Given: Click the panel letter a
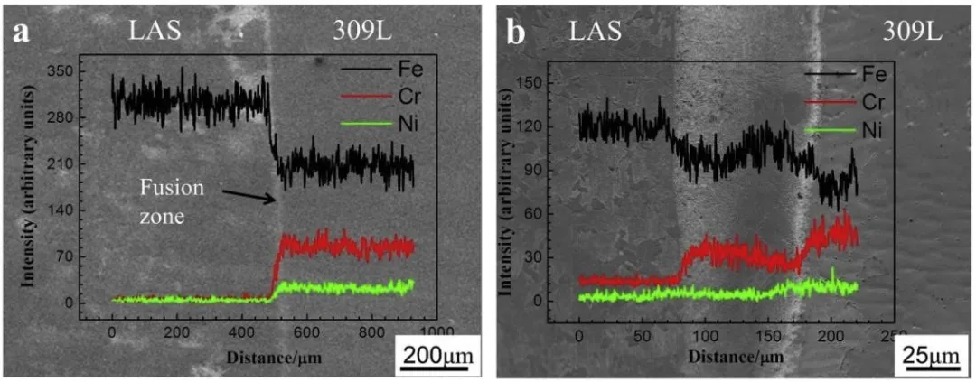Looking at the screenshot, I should click(20, 33).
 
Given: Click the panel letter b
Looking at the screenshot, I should click(517, 33).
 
